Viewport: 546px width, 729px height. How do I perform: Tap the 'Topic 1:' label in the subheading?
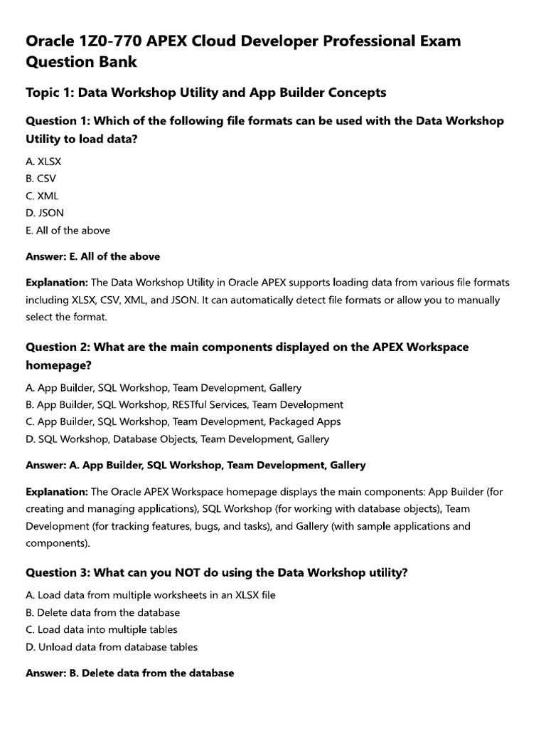point(49,93)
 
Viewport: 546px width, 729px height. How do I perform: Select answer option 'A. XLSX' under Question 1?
point(43,162)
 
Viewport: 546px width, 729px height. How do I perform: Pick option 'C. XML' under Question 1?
point(42,196)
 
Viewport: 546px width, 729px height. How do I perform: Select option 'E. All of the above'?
point(68,230)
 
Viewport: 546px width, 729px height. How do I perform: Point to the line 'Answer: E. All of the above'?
point(92,256)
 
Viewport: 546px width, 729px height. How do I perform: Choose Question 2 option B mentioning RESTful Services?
point(184,404)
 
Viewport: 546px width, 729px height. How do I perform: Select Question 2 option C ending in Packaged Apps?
point(183,421)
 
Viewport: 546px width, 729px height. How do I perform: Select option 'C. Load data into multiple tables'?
point(101,629)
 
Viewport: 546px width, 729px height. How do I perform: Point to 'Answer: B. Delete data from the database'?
point(129,673)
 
